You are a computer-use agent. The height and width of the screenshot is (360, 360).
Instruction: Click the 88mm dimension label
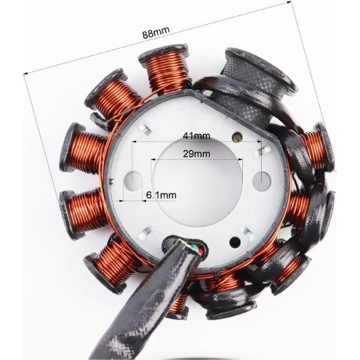click(x=156, y=32)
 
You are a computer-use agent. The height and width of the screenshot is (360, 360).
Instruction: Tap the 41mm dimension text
click(x=196, y=136)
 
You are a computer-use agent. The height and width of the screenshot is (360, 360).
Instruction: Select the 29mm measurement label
click(x=196, y=154)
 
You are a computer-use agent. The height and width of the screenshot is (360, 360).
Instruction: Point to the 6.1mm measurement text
click(x=162, y=195)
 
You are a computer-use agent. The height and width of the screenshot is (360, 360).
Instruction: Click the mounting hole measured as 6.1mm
click(x=132, y=180)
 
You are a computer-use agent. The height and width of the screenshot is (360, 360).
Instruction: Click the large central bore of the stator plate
click(x=197, y=181)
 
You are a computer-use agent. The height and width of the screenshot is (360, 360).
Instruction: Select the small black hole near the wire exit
click(x=235, y=242)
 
